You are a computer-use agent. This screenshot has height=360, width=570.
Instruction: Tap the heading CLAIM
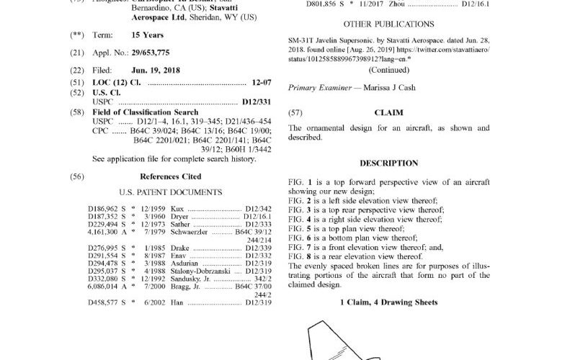(388, 113)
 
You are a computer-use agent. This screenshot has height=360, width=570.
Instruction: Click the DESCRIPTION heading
(388, 163)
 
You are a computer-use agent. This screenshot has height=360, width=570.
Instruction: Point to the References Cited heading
(170, 176)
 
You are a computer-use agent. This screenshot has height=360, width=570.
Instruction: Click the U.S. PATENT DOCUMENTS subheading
(170, 192)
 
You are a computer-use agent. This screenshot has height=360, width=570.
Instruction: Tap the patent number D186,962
(102, 207)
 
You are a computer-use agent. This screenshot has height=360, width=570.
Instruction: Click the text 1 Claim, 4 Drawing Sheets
(388, 302)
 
